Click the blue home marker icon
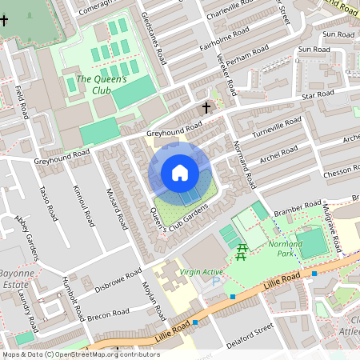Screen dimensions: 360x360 (180, 173)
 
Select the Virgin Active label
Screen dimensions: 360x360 (201, 272)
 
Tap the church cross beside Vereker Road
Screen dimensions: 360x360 (206, 107)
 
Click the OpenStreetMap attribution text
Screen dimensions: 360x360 (81, 354)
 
